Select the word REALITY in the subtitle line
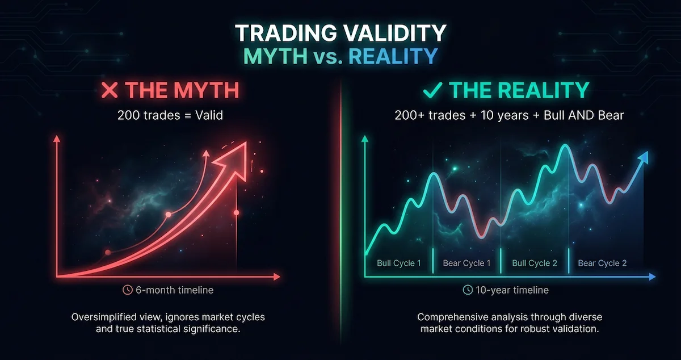tap(393, 56)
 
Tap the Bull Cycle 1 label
tap(399, 263)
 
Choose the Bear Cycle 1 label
tap(466, 263)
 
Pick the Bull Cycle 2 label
tap(535, 263)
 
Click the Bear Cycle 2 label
tap(602, 263)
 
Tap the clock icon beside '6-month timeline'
tap(128, 290)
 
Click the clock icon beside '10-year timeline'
tap(468, 290)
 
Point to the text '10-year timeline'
tap(512, 290)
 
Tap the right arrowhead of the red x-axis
tap(276, 277)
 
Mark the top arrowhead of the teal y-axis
tap(364, 139)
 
